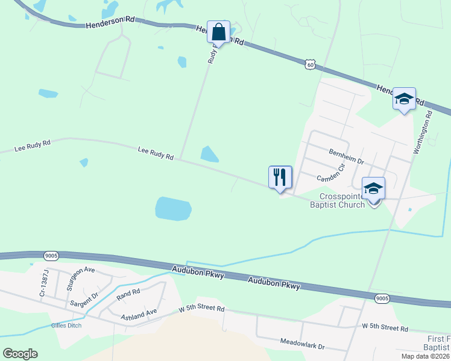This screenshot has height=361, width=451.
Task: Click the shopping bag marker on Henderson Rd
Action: pos(218,32)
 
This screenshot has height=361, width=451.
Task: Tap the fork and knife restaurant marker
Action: pos(280,177)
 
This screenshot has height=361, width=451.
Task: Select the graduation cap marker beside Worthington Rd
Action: pos(403,99)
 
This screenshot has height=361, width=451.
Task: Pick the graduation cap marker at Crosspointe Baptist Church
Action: pos(373,189)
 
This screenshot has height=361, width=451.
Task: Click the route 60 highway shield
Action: pos(310,64)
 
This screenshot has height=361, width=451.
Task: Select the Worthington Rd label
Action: pos(423,132)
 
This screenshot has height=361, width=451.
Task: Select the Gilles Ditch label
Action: pos(66,326)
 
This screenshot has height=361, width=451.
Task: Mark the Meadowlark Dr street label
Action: pos(302,347)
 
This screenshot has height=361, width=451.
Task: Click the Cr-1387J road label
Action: pos(43,283)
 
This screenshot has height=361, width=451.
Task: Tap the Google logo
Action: pos(20,354)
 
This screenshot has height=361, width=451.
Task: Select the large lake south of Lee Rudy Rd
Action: pos(173,208)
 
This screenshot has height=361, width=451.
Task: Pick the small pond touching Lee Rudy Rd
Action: pos(209,154)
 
